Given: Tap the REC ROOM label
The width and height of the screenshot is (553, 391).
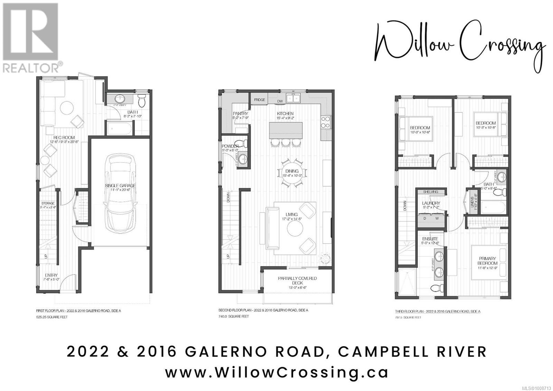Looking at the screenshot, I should pos(64,138).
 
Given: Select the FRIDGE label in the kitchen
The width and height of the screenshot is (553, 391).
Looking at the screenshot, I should pos(260,100).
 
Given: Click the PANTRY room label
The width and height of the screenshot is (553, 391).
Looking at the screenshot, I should pos(240,113).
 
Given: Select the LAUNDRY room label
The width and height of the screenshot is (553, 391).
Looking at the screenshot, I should pos(431,203).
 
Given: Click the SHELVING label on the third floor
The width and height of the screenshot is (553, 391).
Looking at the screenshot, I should pos(430,192).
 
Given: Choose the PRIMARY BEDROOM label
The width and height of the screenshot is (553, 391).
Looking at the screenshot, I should pos(487,261).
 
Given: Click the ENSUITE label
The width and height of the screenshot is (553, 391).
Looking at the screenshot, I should pos(430,239).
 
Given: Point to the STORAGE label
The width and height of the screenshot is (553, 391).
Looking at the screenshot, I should pos(48,203).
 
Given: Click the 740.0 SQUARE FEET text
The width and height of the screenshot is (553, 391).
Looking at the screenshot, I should pos(233,316).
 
